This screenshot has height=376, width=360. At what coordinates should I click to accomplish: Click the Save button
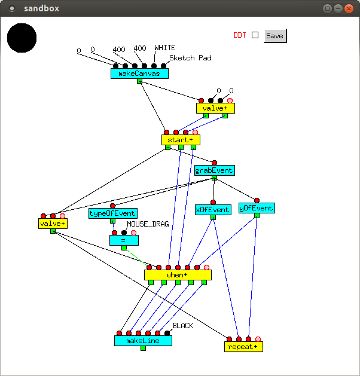tap(275, 36)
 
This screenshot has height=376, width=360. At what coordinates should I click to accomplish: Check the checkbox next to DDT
tap(255, 35)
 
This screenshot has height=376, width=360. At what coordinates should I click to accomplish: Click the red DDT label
tap(240, 35)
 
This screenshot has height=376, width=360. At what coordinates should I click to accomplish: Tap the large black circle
tap(22, 38)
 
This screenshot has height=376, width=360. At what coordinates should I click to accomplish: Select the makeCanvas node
tap(139, 74)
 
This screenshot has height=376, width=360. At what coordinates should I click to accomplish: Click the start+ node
tap(181, 140)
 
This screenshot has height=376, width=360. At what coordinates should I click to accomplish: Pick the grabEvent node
tap(215, 170)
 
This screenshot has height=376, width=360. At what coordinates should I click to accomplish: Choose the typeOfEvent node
tap(113, 213)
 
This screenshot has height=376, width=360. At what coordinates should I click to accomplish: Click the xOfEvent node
tap(213, 210)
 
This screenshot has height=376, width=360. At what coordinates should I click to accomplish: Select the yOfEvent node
tap(257, 208)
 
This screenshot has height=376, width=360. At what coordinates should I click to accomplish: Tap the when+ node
tap(178, 275)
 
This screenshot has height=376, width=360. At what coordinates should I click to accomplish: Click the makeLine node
tap(143, 340)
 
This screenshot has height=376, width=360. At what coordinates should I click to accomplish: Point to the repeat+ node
tap(243, 347)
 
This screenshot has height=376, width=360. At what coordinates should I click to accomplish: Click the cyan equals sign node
tap(124, 240)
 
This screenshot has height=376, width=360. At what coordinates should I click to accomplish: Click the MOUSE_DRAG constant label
tap(148, 224)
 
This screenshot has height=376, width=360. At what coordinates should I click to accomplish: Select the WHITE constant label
tap(165, 48)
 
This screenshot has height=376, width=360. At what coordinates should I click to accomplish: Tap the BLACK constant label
tap(183, 326)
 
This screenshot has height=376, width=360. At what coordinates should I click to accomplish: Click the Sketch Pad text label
tap(190, 58)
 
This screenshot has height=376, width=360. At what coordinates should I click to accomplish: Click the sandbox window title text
tap(41, 8)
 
